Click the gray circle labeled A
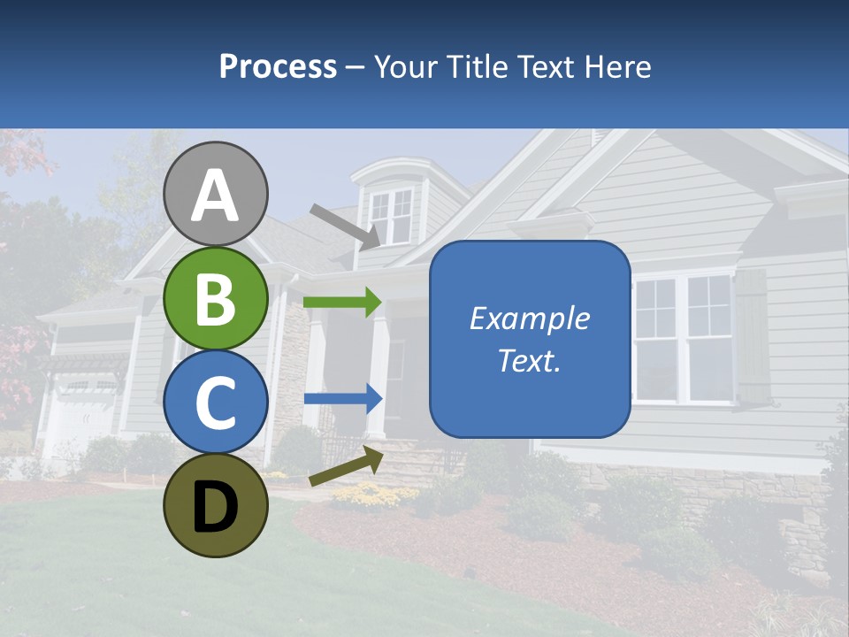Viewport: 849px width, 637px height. [216, 194]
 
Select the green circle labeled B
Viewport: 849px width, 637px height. [216, 298]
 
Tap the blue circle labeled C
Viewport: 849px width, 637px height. [216, 402]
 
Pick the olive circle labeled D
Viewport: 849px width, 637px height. [216, 505]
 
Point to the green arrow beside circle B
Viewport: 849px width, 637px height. [342, 303]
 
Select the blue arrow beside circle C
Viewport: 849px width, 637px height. [342, 399]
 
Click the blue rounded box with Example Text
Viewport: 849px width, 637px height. [529, 339]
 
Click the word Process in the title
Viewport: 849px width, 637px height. [278, 66]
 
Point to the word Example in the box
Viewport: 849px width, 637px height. [529, 318]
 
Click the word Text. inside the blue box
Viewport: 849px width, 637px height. [529, 360]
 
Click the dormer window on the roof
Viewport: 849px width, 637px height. [391, 216]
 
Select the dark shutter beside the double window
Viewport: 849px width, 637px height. [752, 336]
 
